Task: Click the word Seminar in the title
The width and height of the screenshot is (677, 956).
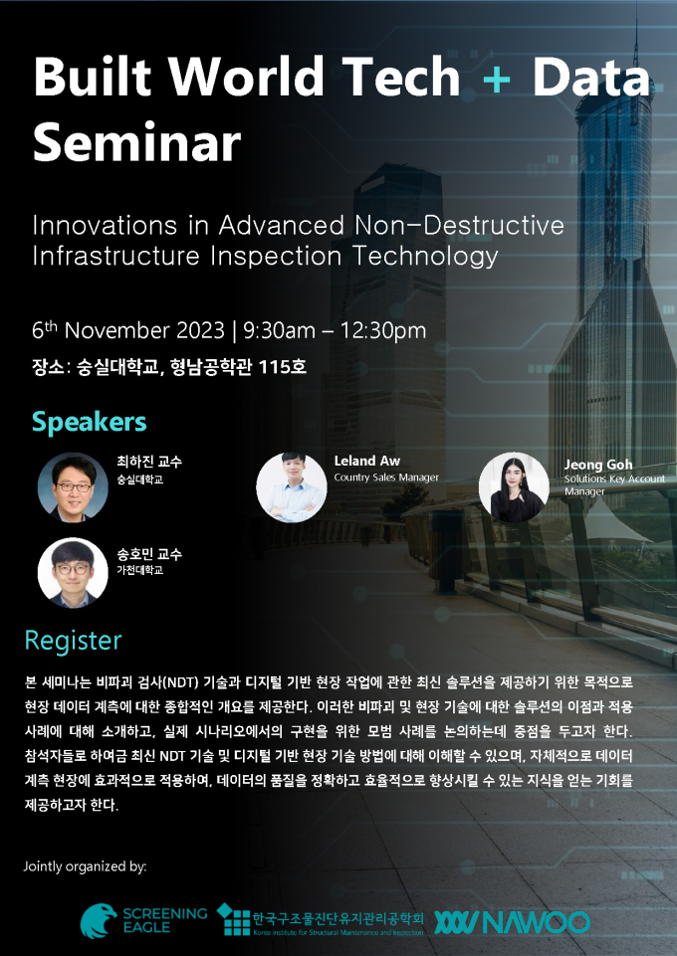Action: point(137,141)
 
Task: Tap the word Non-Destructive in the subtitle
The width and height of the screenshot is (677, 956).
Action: point(460,225)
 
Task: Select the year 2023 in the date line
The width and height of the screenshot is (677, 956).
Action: point(201,330)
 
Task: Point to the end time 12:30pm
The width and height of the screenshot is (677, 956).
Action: point(383,331)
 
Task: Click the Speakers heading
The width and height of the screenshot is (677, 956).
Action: point(89,422)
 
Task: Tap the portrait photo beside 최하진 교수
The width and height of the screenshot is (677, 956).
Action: point(74,487)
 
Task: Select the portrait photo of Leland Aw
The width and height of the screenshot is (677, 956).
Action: point(292,487)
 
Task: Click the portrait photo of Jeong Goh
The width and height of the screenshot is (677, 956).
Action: point(514,487)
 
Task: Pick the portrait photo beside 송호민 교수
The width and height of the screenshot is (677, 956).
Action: point(74,572)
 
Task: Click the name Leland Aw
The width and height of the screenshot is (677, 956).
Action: point(367,461)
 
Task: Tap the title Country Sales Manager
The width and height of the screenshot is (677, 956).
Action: point(386,478)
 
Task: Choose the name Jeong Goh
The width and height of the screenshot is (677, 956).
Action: point(598,465)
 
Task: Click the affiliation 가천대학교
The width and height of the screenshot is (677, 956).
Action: point(139,570)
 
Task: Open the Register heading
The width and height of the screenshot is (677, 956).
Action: point(74,641)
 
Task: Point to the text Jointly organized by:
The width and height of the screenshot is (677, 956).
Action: point(85,866)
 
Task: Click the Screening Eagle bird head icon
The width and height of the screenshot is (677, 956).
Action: point(99,920)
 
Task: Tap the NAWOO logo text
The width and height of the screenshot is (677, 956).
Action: point(537,922)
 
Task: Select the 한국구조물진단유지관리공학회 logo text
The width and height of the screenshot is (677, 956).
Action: point(338,917)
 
